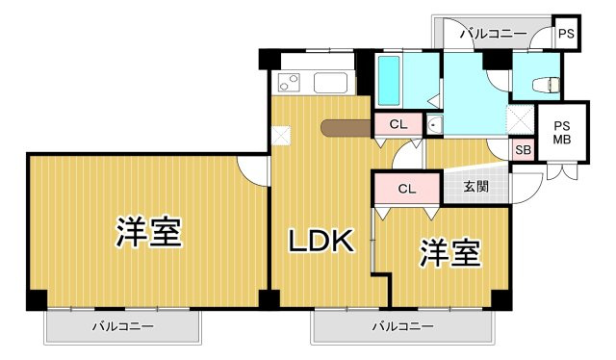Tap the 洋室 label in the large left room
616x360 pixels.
[x=149, y=232]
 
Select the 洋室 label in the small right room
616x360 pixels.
[x=449, y=253]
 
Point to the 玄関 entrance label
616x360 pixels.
[x=475, y=187]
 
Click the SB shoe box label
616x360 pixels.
[x=523, y=150]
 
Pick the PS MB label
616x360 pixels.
[x=561, y=131]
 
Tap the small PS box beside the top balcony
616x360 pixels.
[x=567, y=35]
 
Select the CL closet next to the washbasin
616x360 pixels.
[x=398, y=124]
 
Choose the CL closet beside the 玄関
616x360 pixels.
[x=406, y=189]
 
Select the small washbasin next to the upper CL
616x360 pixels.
[x=433, y=124]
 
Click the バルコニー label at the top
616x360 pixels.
[x=493, y=35]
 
